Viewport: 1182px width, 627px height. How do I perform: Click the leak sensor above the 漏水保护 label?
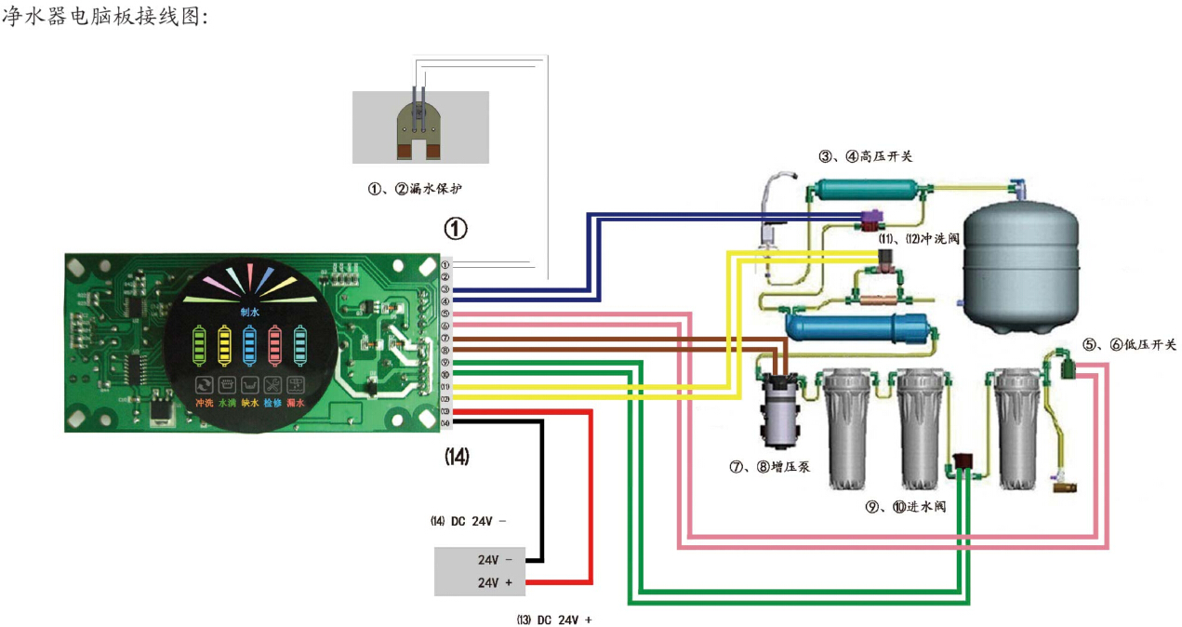click(x=420, y=127)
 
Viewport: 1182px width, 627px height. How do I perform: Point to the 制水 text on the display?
click(x=250, y=313)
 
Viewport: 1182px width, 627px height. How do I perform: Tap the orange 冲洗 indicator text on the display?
click(x=204, y=404)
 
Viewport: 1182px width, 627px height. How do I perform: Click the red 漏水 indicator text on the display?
click(x=296, y=404)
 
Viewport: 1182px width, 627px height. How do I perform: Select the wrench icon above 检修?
click(x=272, y=384)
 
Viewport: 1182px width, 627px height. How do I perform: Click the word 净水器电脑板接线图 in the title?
click(x=100, y=17)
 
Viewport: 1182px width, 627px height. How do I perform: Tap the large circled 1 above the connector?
click(x=456, y=229)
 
